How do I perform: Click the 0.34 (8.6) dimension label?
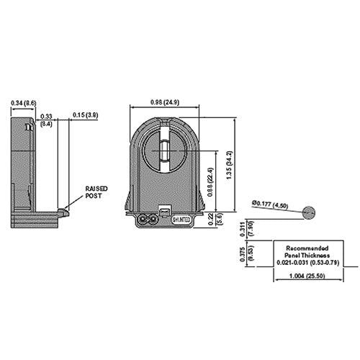tap(24, 104)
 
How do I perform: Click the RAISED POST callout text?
tap(96, 189)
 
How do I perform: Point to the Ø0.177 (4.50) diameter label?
tap(271, 204)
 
